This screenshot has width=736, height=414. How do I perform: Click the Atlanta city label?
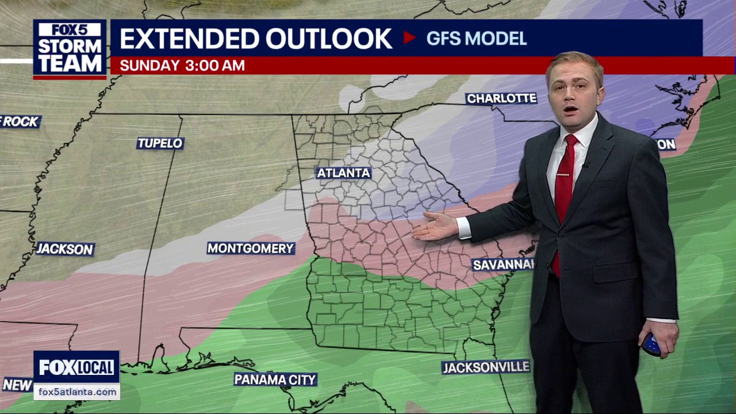[x=344, y=173]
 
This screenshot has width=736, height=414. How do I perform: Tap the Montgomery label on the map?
[x=251, y=248]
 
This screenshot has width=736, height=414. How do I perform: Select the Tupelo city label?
[x=160, y=143]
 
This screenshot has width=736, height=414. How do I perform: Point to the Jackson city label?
[x=65, y=249]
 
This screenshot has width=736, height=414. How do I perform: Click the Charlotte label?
[x=501, y=98]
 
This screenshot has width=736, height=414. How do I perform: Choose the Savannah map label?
[x=503, y=264]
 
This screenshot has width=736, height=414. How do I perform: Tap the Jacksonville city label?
[x=486, y=367]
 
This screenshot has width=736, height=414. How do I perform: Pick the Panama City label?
[x=275, y=379]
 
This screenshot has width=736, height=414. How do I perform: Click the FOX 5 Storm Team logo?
[x=70, y=49]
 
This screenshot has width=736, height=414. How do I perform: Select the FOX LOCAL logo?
[x=76, y=367]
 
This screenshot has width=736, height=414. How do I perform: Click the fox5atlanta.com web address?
[x=77, y=392]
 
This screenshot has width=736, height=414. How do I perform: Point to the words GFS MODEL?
[x=477, y=39]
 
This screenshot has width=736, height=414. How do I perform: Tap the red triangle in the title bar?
[x=409, y=38]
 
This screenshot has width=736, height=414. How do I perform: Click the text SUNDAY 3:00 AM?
[x=182, y=66]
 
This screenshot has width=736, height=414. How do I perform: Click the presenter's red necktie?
[x=563, y=190]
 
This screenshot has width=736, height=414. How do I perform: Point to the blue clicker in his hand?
[x=651, y=344]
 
